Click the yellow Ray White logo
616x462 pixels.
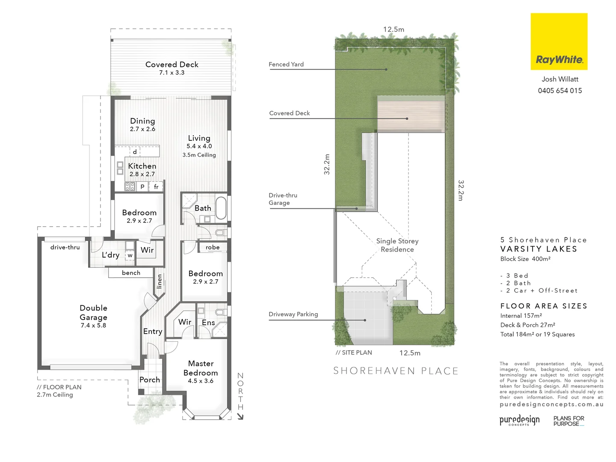click(559, 41)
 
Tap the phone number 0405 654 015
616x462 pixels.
click(560, 91)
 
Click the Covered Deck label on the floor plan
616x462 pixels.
click(172, 65)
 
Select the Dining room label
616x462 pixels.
click(142, 121)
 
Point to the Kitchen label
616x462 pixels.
click(142, 166)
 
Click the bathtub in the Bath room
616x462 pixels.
click(221, 208)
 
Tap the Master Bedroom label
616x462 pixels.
click(201, 368)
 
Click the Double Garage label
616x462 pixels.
click(93, 312)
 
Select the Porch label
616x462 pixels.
click(150, 380)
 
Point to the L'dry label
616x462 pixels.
click(110, 255)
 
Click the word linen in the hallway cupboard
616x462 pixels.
click(160, 281)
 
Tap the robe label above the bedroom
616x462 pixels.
click(213, 247)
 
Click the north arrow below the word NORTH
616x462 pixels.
click(240, 416)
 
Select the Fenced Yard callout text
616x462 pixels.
click(286, 65)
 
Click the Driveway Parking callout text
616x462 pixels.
click(293, 314)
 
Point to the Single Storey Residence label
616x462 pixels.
click(397, 245)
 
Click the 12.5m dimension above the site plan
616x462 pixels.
click(394, 30)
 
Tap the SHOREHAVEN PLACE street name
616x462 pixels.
click(396, 371)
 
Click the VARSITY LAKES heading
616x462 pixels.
click(539, 249)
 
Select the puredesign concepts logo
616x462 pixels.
click(519, 420)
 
